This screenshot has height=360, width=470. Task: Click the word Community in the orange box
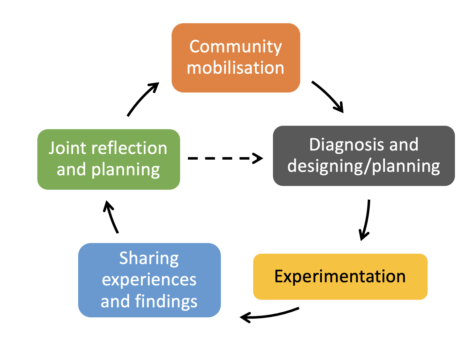click(236, 47)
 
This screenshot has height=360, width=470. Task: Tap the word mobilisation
click(236, 68)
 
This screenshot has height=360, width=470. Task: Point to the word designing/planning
click(364, 166)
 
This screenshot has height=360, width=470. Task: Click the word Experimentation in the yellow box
click(340, 277)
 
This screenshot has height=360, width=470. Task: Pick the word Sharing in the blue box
click(149, 259)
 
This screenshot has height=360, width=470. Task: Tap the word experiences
click(149, 279)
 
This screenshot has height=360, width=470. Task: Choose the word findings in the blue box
click(166, 301)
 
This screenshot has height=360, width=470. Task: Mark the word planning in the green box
click(126, 170)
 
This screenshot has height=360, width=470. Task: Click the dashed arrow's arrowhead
click(258, 158)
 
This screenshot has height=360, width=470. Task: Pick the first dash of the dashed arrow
click(193, 158)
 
